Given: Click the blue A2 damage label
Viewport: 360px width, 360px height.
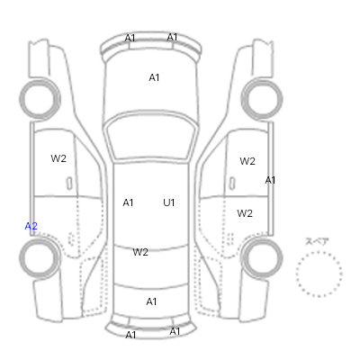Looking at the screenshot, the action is click(x=31, y=226).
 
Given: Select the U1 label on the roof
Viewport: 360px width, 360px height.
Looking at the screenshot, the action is click(x=169, y=202).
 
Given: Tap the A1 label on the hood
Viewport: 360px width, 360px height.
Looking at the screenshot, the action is click(x=154, y=77).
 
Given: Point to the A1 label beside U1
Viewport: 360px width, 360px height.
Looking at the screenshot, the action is click(x=128, y=202).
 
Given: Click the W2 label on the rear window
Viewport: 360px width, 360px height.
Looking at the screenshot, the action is click(x=140, y=252).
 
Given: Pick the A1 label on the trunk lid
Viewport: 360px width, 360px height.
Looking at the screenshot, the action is click(x=151, y=301).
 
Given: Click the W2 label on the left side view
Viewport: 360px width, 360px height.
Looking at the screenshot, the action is click(x=58, y=158).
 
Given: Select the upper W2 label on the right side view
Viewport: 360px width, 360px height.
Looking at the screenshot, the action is click(x=247, y=161).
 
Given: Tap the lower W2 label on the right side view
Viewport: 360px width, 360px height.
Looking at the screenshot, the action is click(x=245, y=213).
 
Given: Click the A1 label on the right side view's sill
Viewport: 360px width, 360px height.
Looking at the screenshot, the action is click(x=270, y=180).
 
